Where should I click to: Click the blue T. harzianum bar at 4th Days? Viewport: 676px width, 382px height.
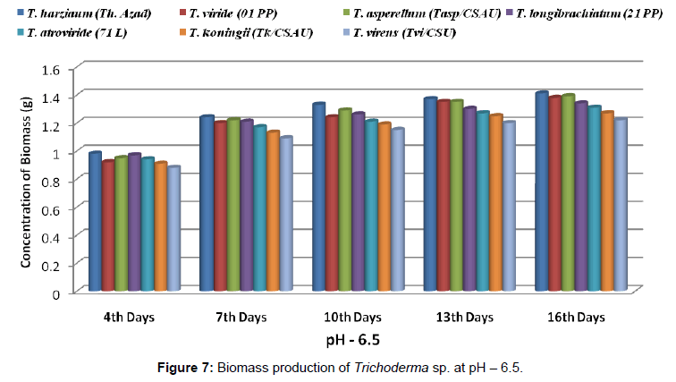94,224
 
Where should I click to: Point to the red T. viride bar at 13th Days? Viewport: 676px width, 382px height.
444,197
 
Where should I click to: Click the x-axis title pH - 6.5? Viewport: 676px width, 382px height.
359,340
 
